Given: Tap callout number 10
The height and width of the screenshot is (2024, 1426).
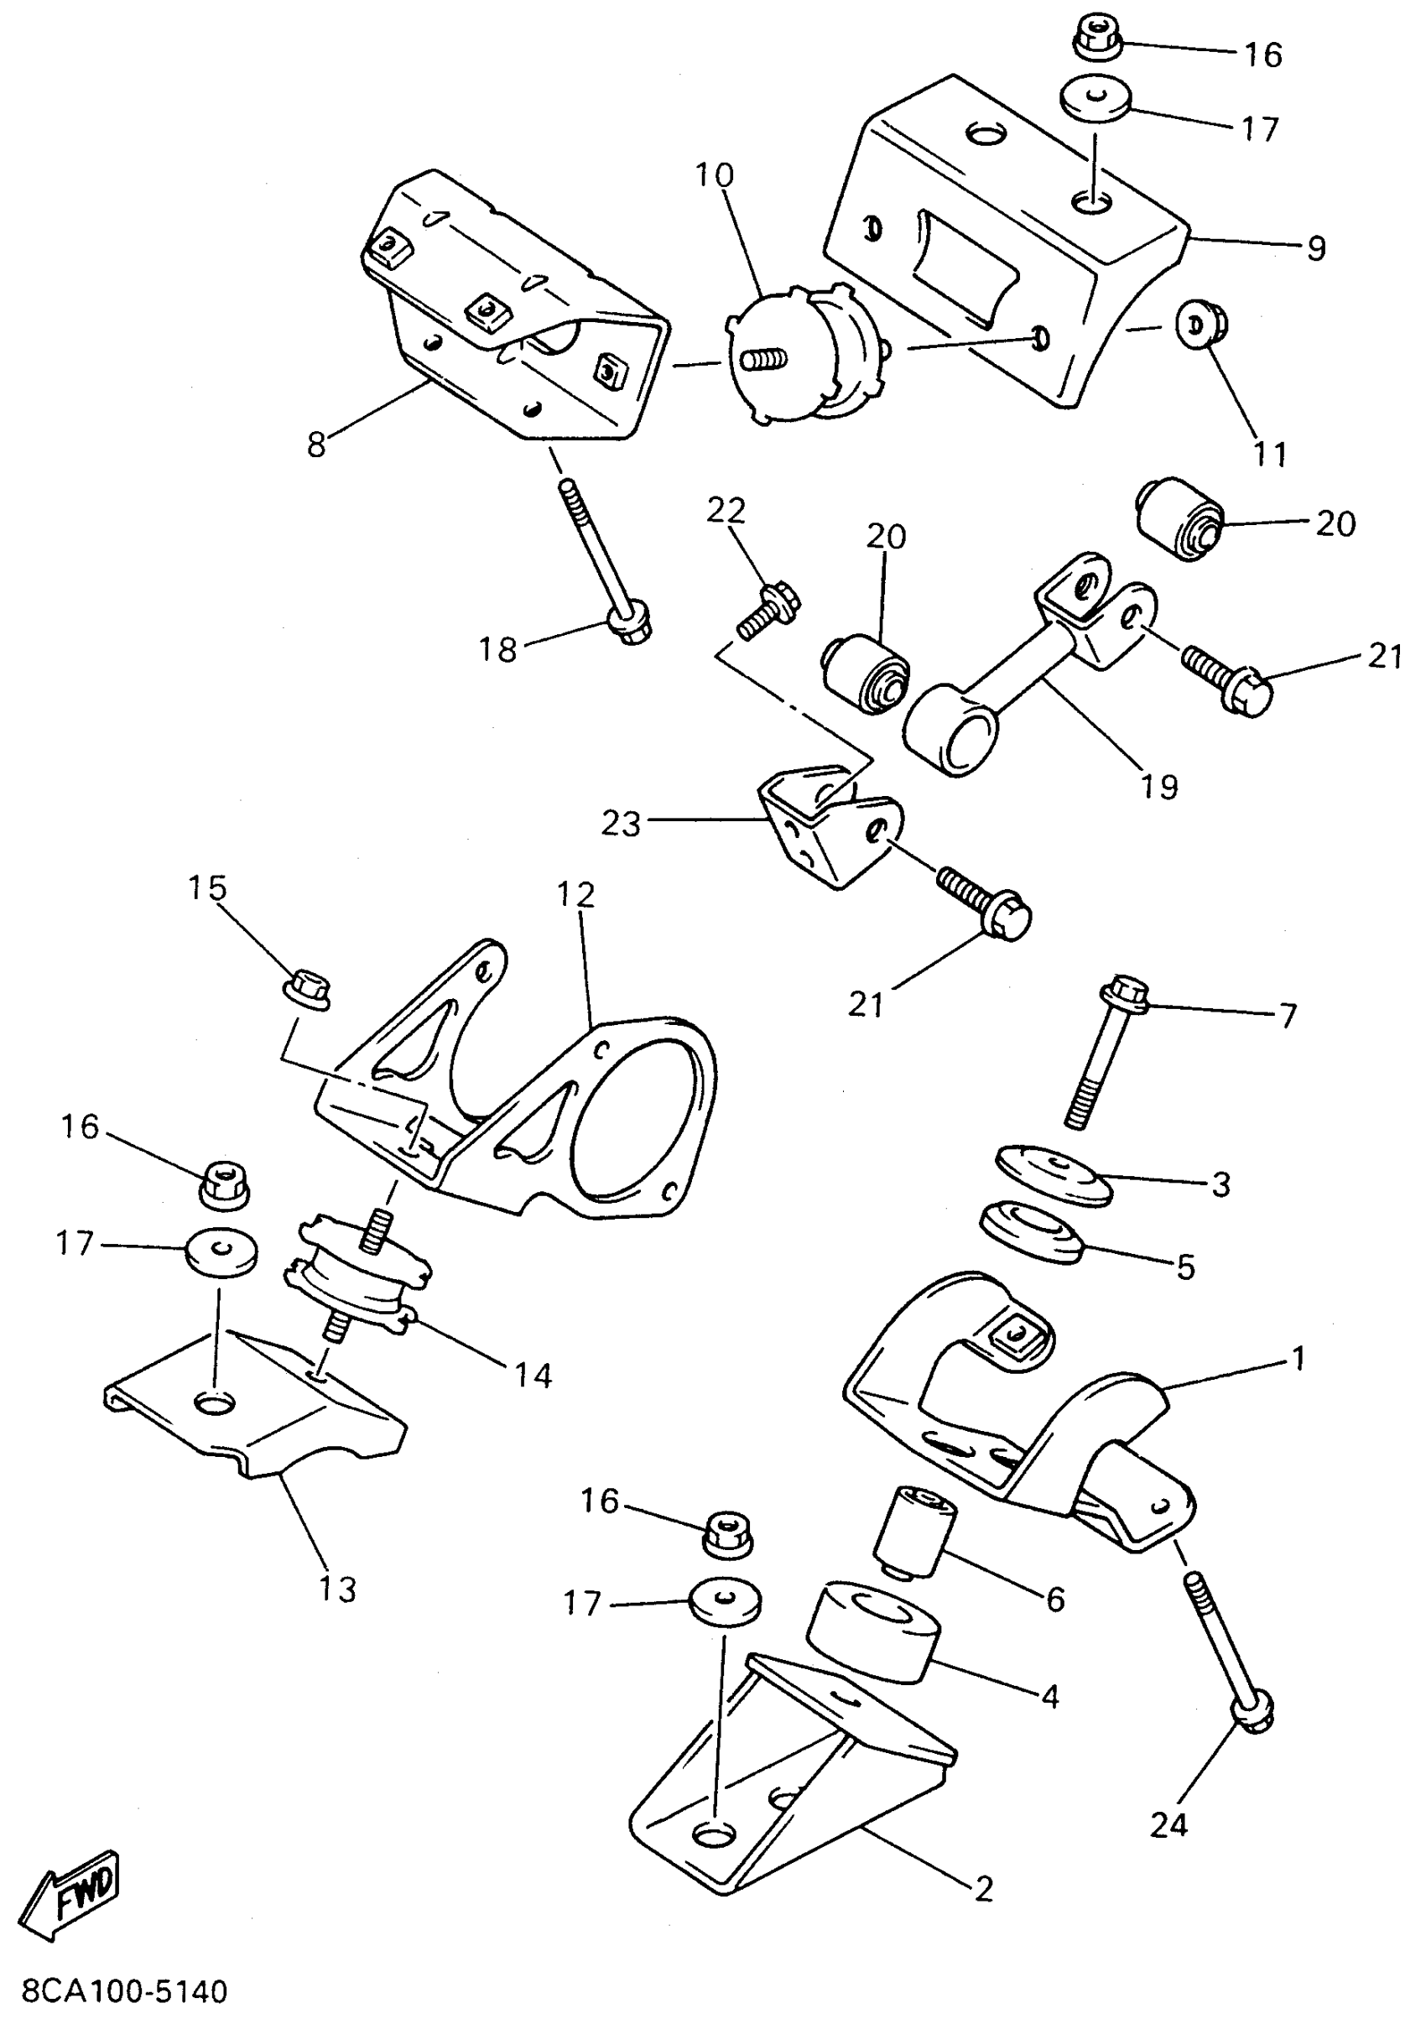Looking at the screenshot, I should point(714,176).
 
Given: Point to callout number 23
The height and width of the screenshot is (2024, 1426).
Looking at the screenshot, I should point(621,825).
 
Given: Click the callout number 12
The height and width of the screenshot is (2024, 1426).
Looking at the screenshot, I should point(576,895).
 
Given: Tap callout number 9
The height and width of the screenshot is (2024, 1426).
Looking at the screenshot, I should point(1315,248).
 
